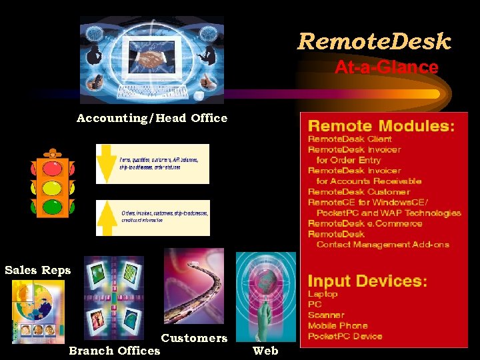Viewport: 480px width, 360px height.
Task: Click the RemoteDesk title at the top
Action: [374, 42]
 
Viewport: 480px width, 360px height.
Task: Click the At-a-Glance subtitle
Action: [386, 67]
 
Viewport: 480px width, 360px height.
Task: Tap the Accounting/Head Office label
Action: [151, 118]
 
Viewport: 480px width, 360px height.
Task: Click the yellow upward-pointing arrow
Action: [106, 218]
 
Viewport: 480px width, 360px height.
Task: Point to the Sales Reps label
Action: [37, 270]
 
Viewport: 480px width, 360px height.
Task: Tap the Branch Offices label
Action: [115, 351]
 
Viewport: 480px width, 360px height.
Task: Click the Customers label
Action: [194, 338]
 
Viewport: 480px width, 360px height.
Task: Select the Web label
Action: [265, 351]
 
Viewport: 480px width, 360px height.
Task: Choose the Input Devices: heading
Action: [367, 281]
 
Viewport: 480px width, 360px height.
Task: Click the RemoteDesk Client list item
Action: [349, 139]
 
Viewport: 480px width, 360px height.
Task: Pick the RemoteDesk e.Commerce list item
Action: [365, 223]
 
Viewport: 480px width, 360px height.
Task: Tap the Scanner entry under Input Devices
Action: [326, 315]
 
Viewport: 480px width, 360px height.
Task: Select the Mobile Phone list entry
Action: [337, 325]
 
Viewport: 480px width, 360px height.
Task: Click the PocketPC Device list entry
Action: [345, 336]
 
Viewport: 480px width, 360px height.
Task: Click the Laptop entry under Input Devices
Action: [323, 293]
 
